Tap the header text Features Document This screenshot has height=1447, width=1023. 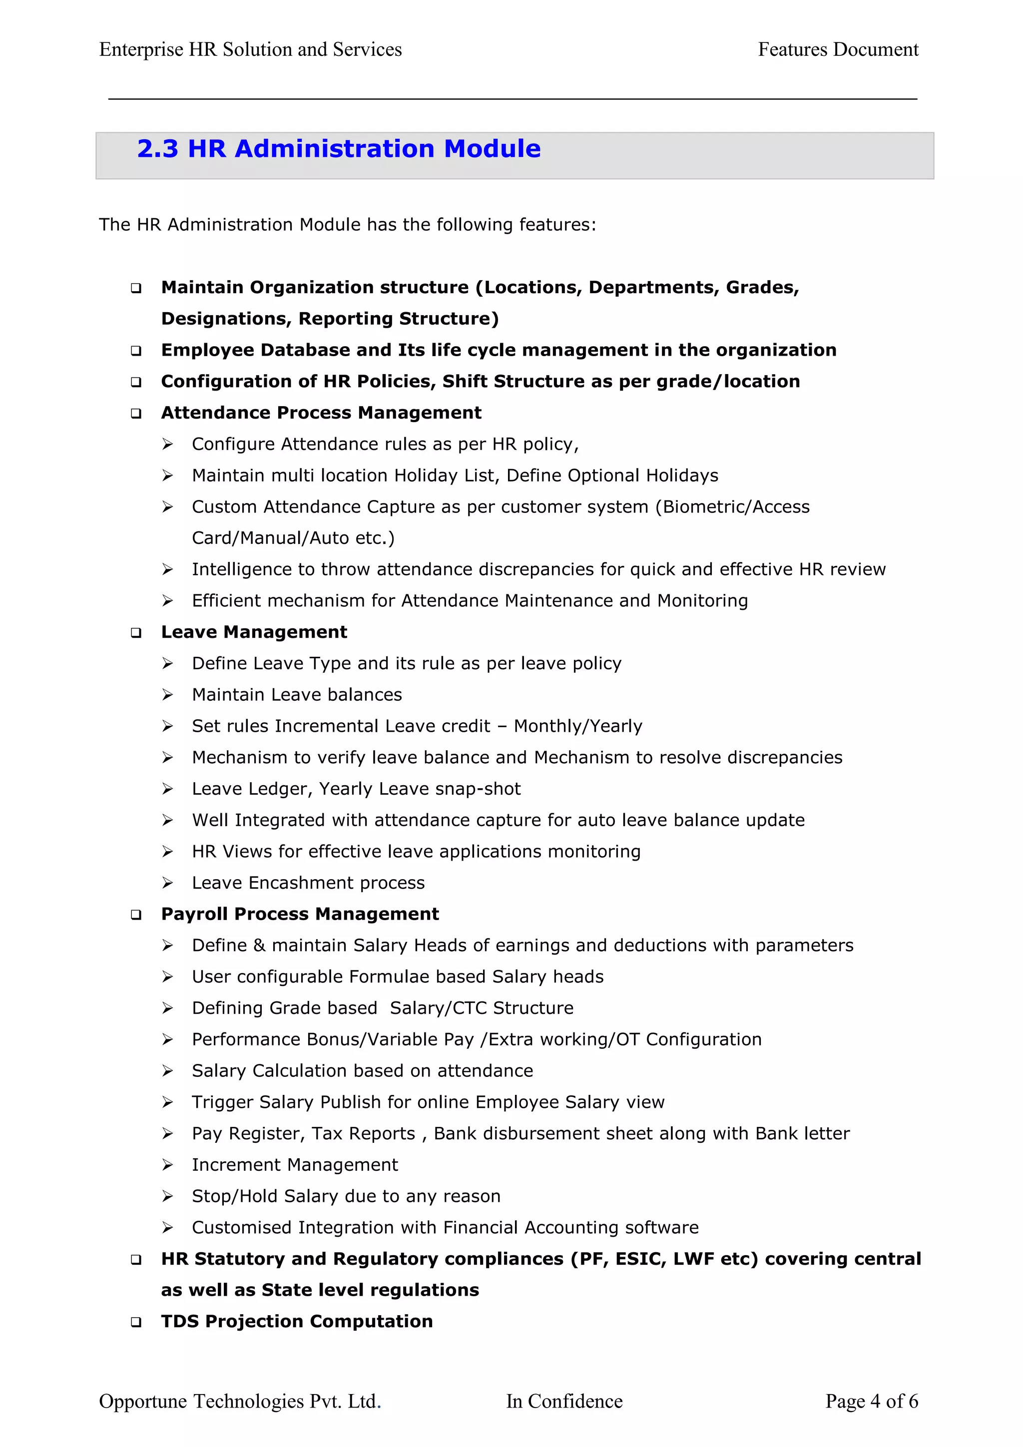point(838,50)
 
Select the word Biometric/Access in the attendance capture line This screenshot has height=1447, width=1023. point(736,506)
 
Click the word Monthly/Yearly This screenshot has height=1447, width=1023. point(578,726)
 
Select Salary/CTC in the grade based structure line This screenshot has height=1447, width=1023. point(438,1008)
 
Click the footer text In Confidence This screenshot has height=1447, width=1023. point(564,1401)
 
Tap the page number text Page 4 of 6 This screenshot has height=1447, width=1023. point(872,1401)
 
